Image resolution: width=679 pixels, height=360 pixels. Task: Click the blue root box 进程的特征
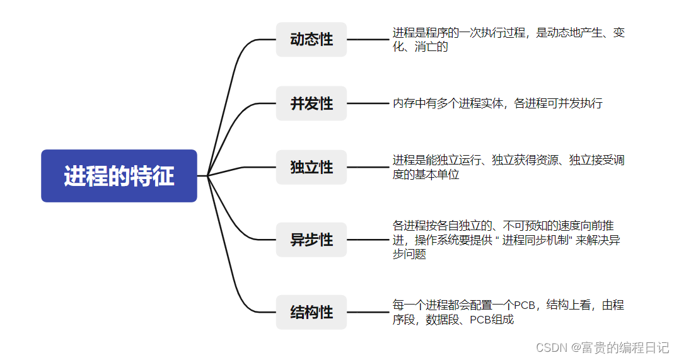[x=119, y=176]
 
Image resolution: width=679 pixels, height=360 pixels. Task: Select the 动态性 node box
[x=311, y=40]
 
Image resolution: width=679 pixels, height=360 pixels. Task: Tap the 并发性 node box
[x=311, y=103]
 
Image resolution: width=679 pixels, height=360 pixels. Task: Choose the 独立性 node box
[x=311, y=167]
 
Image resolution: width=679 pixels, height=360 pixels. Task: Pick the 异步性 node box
[x=311, y=240]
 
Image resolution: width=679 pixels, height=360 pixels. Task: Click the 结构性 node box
[x=311, y=312]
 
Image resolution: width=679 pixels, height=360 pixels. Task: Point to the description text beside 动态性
[x=508, y=39]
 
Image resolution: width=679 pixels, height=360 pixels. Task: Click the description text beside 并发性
[x=497, y=103]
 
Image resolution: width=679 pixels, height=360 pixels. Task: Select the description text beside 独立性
[x=508, y=167]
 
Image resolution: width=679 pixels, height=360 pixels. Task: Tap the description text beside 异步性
[x=508, y=240]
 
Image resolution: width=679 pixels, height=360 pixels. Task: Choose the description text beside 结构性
[x=508, y=312]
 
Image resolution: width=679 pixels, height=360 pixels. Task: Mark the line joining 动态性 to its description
[x=368, y=40]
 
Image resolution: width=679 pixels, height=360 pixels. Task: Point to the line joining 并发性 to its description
[x=368, y=103]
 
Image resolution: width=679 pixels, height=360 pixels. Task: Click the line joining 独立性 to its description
[x=368, y=167]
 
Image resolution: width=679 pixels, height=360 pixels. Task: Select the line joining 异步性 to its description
[x=368, y=240]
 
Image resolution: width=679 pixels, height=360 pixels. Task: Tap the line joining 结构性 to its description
[x=368, y=312]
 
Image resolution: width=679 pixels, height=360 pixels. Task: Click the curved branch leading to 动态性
[x=236, y=69]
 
